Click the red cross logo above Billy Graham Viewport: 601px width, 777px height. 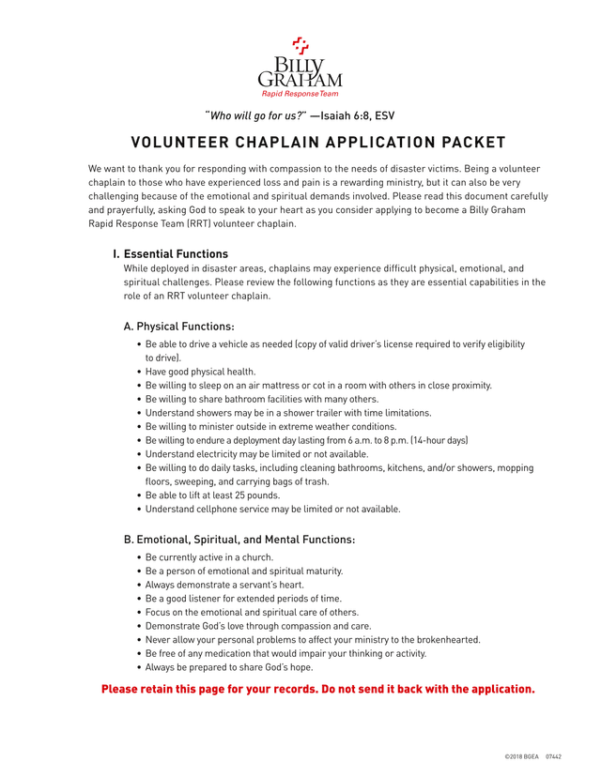[x=300, y=44]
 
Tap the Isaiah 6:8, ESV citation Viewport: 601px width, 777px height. [x=358, y=116]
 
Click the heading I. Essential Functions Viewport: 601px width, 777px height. [x=170, y=254]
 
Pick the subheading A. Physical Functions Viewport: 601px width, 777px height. [x=179, y=327]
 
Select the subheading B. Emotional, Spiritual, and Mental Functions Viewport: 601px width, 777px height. [x=239, y=540]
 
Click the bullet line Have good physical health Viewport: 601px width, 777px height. [x=201, y=372]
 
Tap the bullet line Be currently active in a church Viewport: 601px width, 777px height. [x=209, y=557]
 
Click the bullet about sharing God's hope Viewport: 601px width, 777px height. [x=229, y=667]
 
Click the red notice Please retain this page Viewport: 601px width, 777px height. [x=317, y=690]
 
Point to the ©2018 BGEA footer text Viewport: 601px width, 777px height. [x=522, y=755]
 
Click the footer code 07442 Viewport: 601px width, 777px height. [x=553, y=755]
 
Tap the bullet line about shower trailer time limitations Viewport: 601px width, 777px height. [x=288, y=413]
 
